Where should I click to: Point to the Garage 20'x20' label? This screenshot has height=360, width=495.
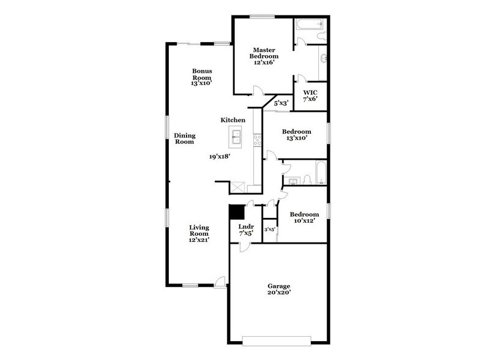point(278,289)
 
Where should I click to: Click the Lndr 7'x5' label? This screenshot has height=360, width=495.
point(245,230)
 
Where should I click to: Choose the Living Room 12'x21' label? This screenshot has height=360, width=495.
point(199,233)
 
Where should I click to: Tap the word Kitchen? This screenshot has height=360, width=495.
point(233,120)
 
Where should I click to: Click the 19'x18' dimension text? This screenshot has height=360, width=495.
point(219,157)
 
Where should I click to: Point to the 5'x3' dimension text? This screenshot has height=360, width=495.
point(281,103)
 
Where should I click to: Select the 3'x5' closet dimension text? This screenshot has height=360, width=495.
point(269,230)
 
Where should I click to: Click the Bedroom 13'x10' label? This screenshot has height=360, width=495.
point(296,135)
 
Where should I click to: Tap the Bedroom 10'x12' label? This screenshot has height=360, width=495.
point(304,217)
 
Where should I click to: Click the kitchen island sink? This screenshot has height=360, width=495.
point(237,137)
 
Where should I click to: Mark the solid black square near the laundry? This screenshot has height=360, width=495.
point(236,212)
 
